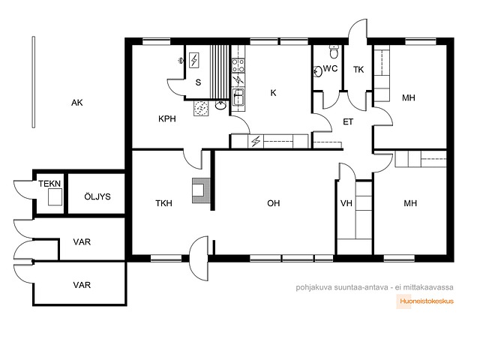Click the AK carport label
coord(76,103)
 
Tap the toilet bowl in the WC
coord(334,52)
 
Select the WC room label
coord(330,68)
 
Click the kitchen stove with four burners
coord(238,65)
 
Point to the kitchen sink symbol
coord(238,97)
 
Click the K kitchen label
coord(273,93)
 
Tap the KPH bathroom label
coord(167,118)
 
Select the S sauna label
coord(198,82)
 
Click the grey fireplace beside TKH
coord(201,190)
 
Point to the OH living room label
coord(273,203)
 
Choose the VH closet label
coord(346,203)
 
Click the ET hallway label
coord(348,122)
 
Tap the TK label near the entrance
coord(358,70)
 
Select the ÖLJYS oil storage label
coord(97,196)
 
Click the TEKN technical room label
coord(49,184)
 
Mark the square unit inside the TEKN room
coord(55,196)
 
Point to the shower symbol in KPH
coord(181,61)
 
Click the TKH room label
coord(163,203)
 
